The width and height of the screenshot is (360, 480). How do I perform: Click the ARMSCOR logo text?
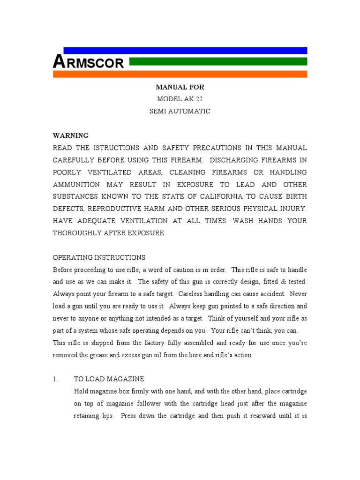pyautogui.click(x=89, y=61)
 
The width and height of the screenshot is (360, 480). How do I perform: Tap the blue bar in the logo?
pyautogui.click(x=185, y=50)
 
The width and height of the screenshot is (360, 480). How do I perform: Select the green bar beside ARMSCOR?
pyautogui.click(x=218, y=61)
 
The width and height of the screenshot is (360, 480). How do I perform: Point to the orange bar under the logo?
pyautogui.click(x=180, y=74)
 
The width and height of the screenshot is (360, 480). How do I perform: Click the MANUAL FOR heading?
pyautogui.click(x=180, y=87)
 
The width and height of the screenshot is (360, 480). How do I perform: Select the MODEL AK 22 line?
pyautogui.click(x=180, y=99)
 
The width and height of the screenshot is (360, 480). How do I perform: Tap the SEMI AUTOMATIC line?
pyautogui.click(x=180, y=111)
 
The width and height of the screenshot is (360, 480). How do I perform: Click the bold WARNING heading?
pyautogui.click(x=70, y=135)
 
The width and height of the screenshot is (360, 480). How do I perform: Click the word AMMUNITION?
pyautogui.click(x=76, y=185)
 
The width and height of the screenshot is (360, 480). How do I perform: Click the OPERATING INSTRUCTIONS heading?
pyautogui.click(x=99, y=258)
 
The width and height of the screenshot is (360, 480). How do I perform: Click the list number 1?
pyautogui.click(x=55, y=379)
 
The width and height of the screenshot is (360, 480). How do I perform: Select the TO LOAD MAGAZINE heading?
pyautogui.click(x=109, y=379)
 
